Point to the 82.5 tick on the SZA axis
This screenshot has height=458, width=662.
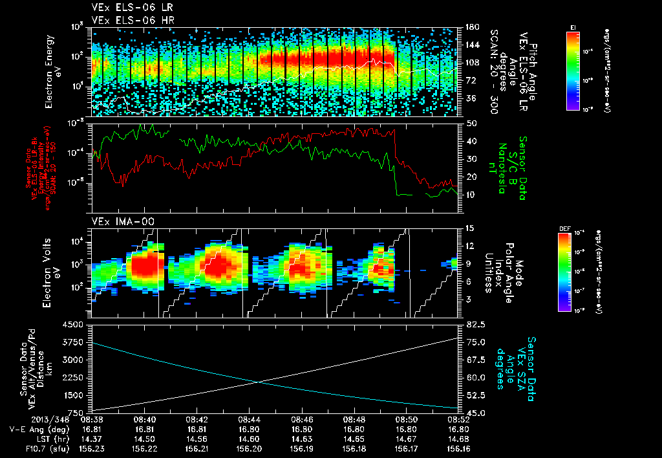[469, 324]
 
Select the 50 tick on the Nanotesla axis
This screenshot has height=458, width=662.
[465, 123]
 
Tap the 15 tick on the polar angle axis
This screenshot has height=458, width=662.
[465, 228]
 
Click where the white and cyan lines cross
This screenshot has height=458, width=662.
[258, 382]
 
